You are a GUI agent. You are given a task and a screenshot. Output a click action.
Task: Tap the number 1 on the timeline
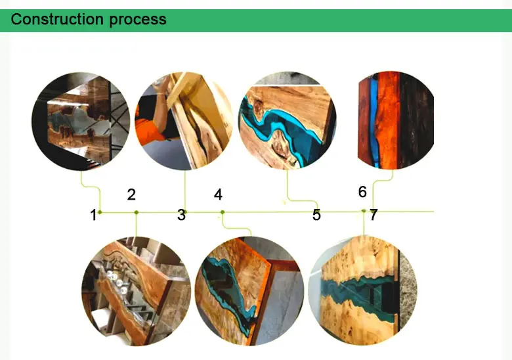point(93,215)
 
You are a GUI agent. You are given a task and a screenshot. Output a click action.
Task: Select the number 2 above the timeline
point(131,194)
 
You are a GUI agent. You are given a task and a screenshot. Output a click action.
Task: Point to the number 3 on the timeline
point(181,215)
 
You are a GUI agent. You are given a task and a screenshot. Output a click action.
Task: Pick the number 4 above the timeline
point(218,194)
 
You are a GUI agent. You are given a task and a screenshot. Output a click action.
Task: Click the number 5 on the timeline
point(316,215)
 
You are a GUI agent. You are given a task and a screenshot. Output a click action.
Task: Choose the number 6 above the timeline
point(362,192)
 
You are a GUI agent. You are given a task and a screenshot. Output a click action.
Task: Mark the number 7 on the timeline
point(373,215)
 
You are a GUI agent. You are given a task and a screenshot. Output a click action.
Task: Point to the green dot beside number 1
point(100,212)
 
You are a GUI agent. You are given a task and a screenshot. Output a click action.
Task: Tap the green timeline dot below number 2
point(136,212)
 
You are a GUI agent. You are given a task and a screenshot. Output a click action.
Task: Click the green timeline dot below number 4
point(222,212)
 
